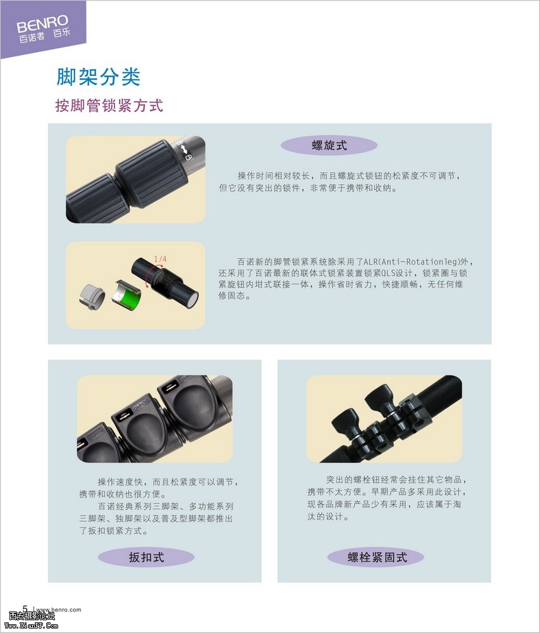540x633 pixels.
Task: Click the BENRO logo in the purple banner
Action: pyautogui.click(x=43, y=24)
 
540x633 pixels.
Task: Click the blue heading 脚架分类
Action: pyautogui.click(x=99, y=77)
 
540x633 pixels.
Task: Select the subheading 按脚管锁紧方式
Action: pyautogui.click(x=109, y=106)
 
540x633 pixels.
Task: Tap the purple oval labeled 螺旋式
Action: pyautogui.click(x=329, y=146)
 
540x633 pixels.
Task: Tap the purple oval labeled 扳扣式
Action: pyautogui.click(x=146, y=558)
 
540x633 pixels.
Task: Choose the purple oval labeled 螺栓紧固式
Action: pyautogui.click(x=376, y=558)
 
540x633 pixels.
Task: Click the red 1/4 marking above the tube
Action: pyautogui.click(x=160, y=259)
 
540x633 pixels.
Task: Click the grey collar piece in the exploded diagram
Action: pyautogui.click(x=92, y=297)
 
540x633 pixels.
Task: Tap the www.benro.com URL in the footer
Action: pyautogui.click(x=59, y=610)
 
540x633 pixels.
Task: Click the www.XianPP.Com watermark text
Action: pyautogui.click(x=32, y=626)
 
